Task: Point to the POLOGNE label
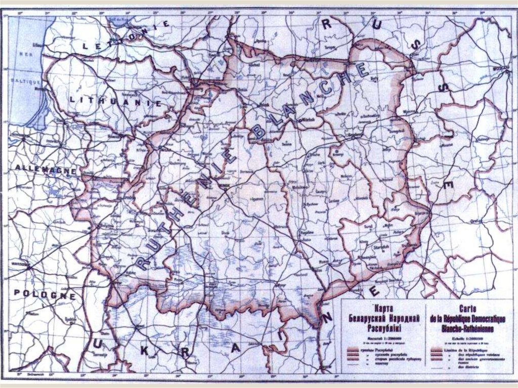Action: (45, 294)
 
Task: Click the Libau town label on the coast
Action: (35, 45)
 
